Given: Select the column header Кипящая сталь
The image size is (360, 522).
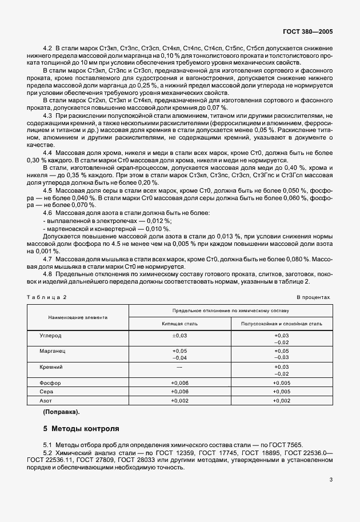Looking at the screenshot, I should tap(179, 324).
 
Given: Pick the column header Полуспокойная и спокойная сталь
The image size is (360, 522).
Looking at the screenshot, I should tap(282, 324).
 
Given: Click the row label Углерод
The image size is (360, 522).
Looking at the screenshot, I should tap(50, 335).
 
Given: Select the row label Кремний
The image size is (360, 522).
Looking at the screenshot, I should tap(51, 366).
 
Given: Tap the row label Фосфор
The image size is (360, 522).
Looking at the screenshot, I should tap(50, 382).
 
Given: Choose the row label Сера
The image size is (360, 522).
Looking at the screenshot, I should tap(47, 392).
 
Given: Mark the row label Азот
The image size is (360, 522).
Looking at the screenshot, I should tap(47, 401).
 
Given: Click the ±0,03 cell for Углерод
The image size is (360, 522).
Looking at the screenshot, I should tap(179, 335).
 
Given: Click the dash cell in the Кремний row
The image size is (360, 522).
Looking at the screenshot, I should tap(179, 366).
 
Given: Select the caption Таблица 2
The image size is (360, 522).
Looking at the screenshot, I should tap(47, 298).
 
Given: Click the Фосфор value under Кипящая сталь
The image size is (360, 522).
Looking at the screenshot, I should tap(179, 382).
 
